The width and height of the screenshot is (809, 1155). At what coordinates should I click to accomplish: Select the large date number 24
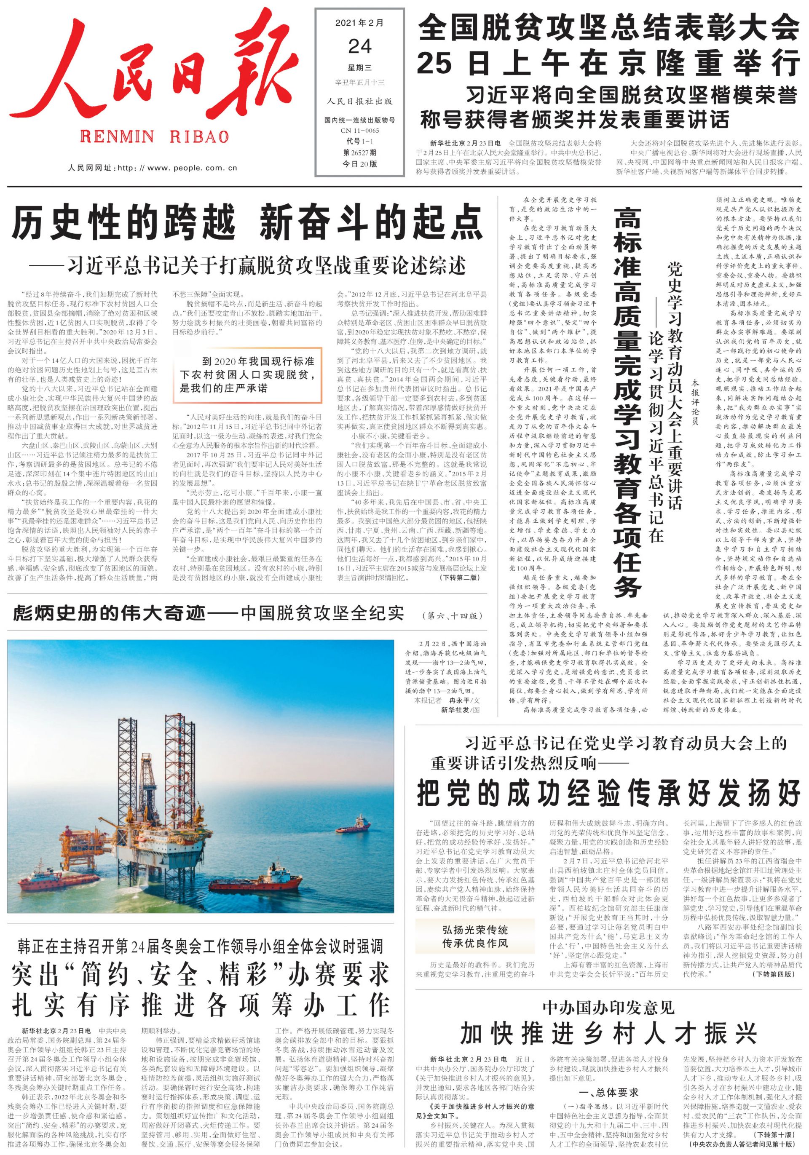tap(360, 47)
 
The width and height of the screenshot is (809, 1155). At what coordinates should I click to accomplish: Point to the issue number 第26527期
tap(360, 152)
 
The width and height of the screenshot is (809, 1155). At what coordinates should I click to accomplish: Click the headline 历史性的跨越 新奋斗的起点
tap(246, 222)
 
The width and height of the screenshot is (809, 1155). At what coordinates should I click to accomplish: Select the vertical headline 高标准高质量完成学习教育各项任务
tap(627, 402)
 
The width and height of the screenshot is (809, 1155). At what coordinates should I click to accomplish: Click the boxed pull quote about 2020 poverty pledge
tap(247, 375)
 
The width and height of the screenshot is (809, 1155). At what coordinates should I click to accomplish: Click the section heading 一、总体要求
tap(609, 1092)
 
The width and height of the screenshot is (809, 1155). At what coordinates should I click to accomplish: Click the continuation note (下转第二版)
tap(459, 577)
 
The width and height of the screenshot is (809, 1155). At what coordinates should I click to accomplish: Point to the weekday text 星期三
tap(360, 68)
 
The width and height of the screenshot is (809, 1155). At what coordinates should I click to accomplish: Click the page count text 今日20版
tap(360, 164)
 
